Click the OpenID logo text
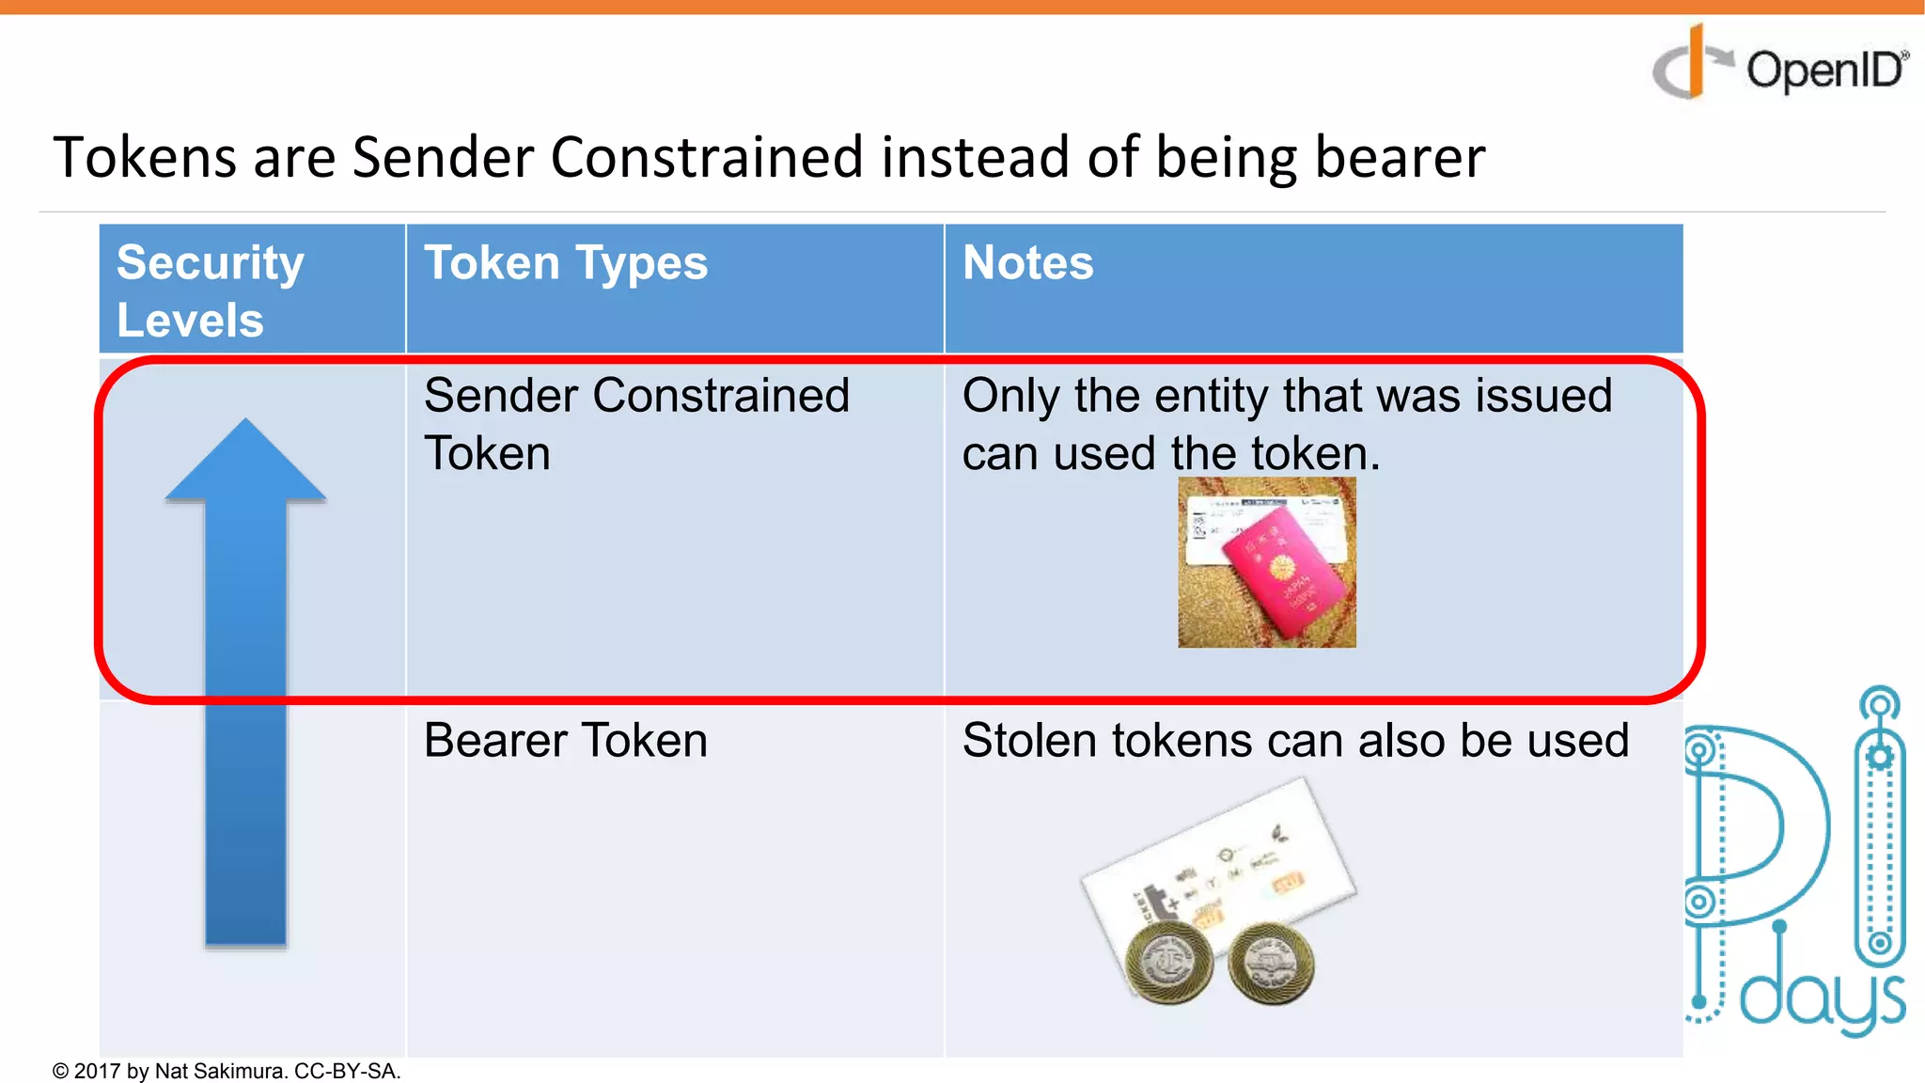click(x=1823, y=71)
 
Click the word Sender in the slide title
click(x=442, y=157)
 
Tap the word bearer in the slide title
click(x=1400, y=157)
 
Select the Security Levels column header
click(x=210, y=290)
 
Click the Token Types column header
click(x=566, y=262)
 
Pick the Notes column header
click(x=1027, y=262)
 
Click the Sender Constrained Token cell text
click(x=635, y=423)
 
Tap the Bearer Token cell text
click(x=565, y=740)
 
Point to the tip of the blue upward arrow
click(x=246, y=423)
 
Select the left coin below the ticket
click(x=1168, y=961)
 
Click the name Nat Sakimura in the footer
click(x=220, y=1071)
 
